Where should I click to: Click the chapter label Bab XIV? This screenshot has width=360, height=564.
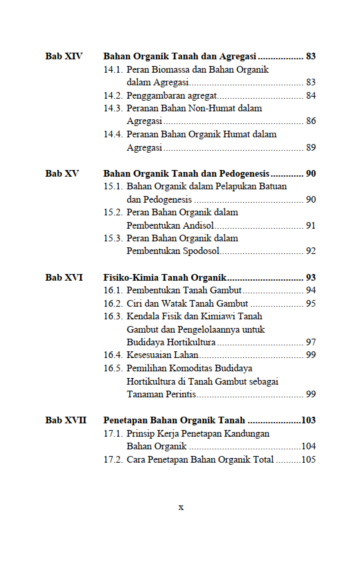click(x=63, y=57)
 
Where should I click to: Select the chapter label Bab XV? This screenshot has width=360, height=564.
click(x=62, y=174)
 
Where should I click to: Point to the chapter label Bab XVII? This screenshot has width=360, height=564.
click(x=66, y=421)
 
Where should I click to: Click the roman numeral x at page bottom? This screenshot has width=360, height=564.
click(x=181, y=507)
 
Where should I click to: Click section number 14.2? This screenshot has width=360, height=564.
click(x=113, y=96)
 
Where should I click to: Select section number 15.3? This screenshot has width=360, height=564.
click(x=113, y=239)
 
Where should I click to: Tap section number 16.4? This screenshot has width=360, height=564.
click(x=113, y=355)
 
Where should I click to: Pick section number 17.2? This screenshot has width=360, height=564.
click(x=113, y=460)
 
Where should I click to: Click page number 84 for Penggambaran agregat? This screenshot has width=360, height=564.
click(x=311, y=96)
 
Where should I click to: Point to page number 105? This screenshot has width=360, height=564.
click(x=308, y=460)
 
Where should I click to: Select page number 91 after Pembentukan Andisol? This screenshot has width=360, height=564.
click(x=311, y=226)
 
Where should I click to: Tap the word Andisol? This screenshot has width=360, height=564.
click(x=195, y=226)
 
